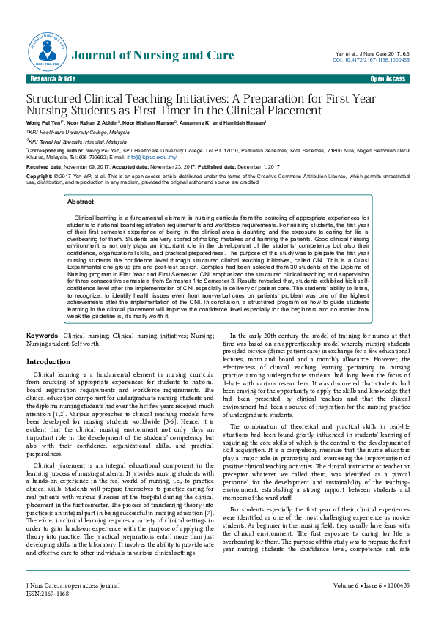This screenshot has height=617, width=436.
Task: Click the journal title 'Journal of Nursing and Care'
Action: [155, 55]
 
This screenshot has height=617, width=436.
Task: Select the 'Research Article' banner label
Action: [52, 78]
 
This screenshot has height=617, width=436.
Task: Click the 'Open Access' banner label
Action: [388, 78]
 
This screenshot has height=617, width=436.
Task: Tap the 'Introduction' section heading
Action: [48, 362]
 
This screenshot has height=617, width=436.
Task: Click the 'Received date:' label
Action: [48, 167]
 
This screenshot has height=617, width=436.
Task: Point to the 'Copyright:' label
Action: [40, 177]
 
